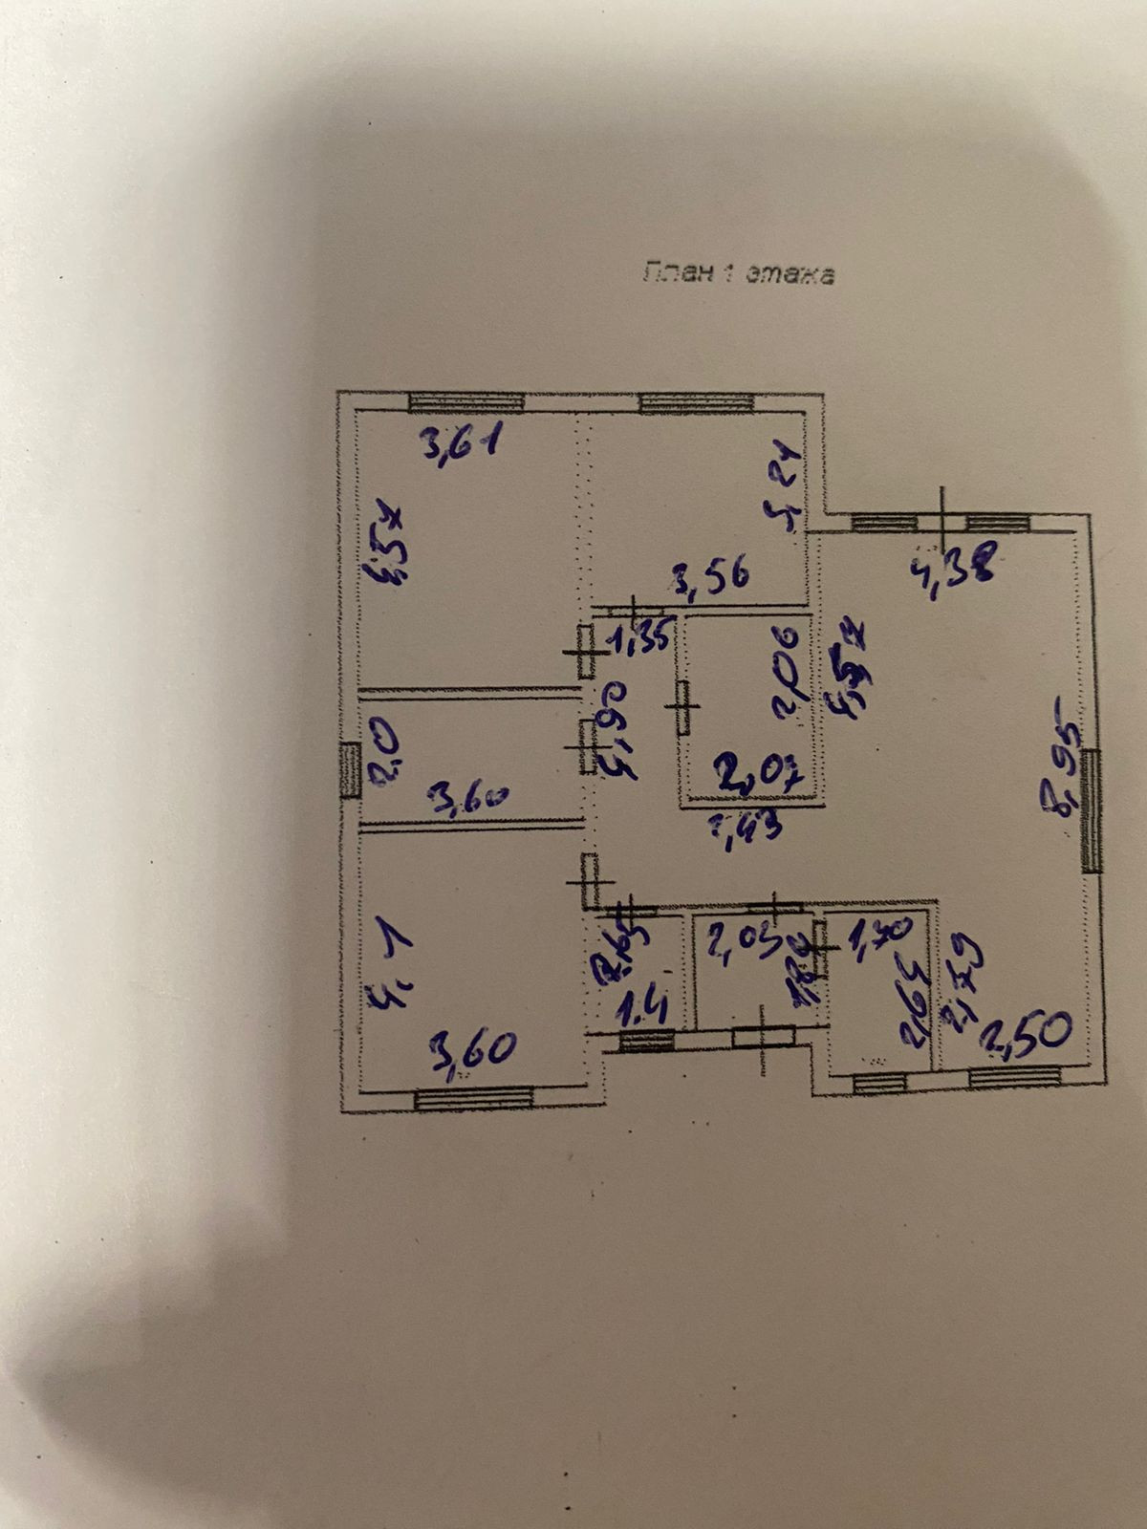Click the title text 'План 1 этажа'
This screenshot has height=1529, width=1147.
click(737, 273)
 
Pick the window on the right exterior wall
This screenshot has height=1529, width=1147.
click(1093, 811)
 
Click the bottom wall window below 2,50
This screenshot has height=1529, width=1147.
click(1014, 1077)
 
